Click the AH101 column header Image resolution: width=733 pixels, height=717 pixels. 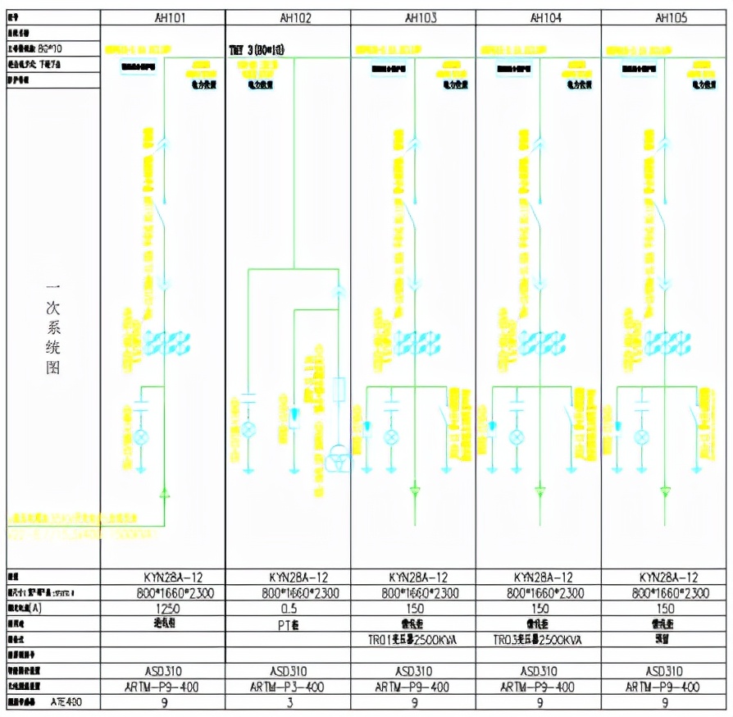coord(162,17)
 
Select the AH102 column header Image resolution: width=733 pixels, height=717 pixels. coord(288,17)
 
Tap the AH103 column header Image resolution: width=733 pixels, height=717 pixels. coord(413,17)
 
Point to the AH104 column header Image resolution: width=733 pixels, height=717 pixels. coord(539,17)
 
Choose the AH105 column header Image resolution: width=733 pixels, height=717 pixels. coord(665,17)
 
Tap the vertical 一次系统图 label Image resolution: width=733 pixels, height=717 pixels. coord(52,329)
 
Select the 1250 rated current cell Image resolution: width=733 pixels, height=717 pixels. coord(162,609)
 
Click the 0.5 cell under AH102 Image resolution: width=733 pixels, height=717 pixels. coord(288,609)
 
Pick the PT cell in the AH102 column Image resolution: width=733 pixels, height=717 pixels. coord(288,623)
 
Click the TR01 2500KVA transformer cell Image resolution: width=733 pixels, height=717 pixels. coord(413,639)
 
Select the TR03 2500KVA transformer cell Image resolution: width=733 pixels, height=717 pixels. coord(539,639)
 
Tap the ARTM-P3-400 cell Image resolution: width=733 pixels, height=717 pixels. coord(288,687)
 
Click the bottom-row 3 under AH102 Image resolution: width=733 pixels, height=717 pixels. coord(288,702)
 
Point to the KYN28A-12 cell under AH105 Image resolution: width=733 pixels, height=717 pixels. coord(665,578)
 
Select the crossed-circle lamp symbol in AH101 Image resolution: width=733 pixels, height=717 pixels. coord(140,435)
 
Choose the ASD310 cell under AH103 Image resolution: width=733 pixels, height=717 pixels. coord(413,671)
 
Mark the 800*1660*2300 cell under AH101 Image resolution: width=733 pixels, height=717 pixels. coord(162,593)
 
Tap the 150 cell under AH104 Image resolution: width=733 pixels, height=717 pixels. coord(539,609)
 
